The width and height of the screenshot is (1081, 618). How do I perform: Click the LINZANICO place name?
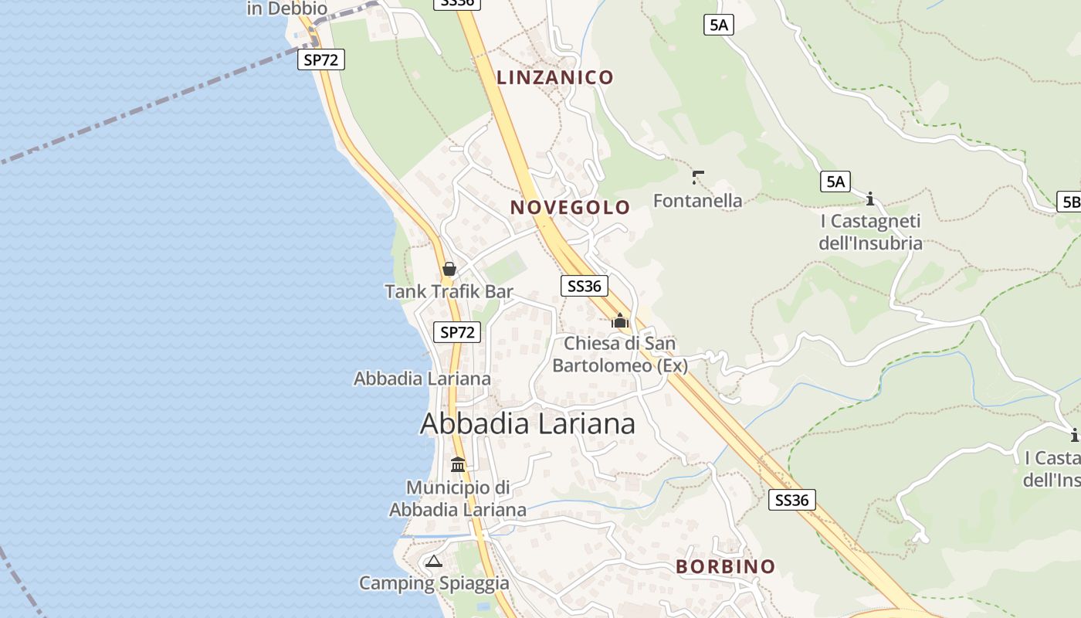(x=554, y=77)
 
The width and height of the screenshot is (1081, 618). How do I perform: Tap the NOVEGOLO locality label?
(x=570, y=207)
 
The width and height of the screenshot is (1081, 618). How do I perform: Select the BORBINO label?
(x=725, y=566)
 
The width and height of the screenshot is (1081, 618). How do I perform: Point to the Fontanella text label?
(x=697, y=201)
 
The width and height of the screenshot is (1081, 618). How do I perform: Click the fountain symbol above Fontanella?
(x=698, y=178)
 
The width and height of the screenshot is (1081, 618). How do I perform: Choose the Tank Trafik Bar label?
(x=449, y=291)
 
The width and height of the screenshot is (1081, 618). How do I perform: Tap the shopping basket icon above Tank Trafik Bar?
(x=449, y=269)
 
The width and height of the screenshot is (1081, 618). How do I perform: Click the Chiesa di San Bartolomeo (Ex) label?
(x=620, y=354)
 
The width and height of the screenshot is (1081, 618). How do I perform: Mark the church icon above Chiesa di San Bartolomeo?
(x=620, y=321)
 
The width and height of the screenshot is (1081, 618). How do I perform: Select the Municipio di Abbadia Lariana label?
(x=458, y=498)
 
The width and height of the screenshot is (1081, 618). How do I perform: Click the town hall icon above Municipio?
(x=458, y=464)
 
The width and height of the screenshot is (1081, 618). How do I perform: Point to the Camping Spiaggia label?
(x=434, y=583)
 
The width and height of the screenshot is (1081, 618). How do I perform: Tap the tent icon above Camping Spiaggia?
(x=433, y=561)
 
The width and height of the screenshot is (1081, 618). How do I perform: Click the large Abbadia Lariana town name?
(x=527, y=423)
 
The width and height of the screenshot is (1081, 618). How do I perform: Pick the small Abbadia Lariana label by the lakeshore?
(x=422, y=379)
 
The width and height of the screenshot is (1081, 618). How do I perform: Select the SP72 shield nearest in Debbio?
(x=320, y=59)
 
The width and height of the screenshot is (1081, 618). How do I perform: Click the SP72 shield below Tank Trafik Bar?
(x=456, y=332)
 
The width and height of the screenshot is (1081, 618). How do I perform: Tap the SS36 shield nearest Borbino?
(x=792, y=500)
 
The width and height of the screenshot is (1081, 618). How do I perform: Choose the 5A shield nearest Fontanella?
(x=835, y=182)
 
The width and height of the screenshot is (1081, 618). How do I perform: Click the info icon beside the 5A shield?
(x=870, y=199)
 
